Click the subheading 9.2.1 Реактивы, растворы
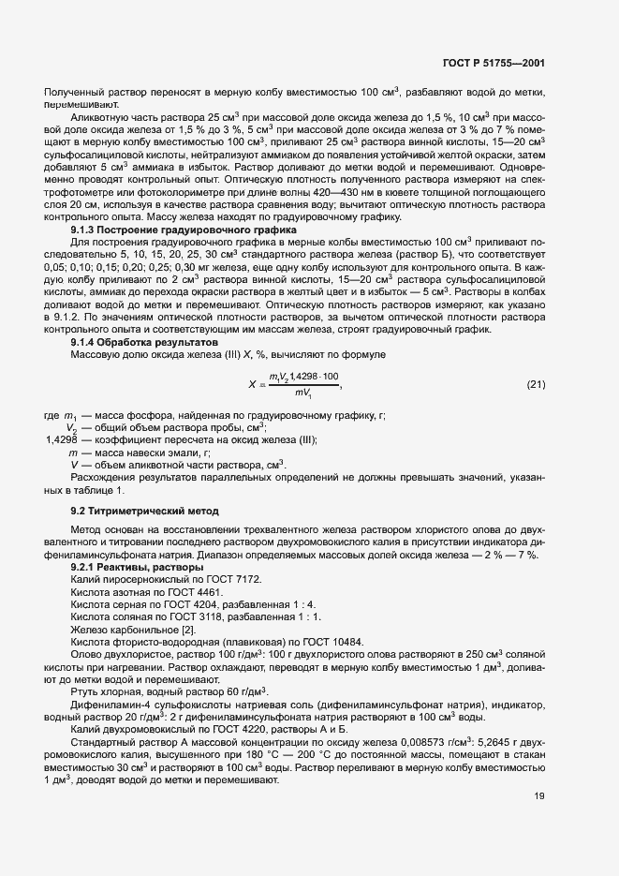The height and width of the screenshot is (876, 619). pos(137,568)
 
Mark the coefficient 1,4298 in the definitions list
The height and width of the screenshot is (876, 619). pos(65,440)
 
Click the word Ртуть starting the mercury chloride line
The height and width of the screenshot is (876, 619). pos(86,690)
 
